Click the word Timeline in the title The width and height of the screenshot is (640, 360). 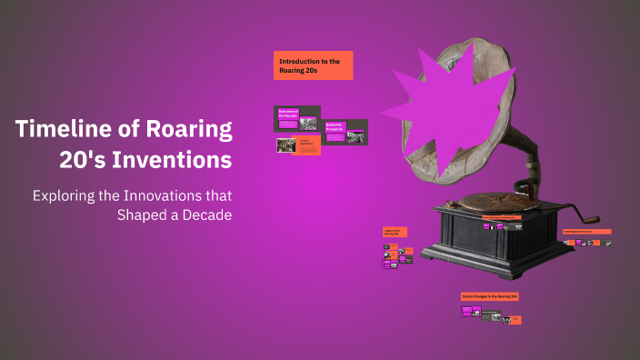pyautogui.click(x=58, y=128)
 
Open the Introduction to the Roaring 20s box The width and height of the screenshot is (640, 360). pyautogui.click(x=313, y=65)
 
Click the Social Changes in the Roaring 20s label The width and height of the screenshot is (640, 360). pyautogui.click(x=490, y=296)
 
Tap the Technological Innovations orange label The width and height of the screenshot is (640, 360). pyautogui.click(x=586, y=232)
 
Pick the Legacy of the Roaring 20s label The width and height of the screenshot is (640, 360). pyautogui.click(x=395, y=232)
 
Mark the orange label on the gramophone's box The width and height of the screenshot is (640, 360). pyautogui.click(x=500, y=218)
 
